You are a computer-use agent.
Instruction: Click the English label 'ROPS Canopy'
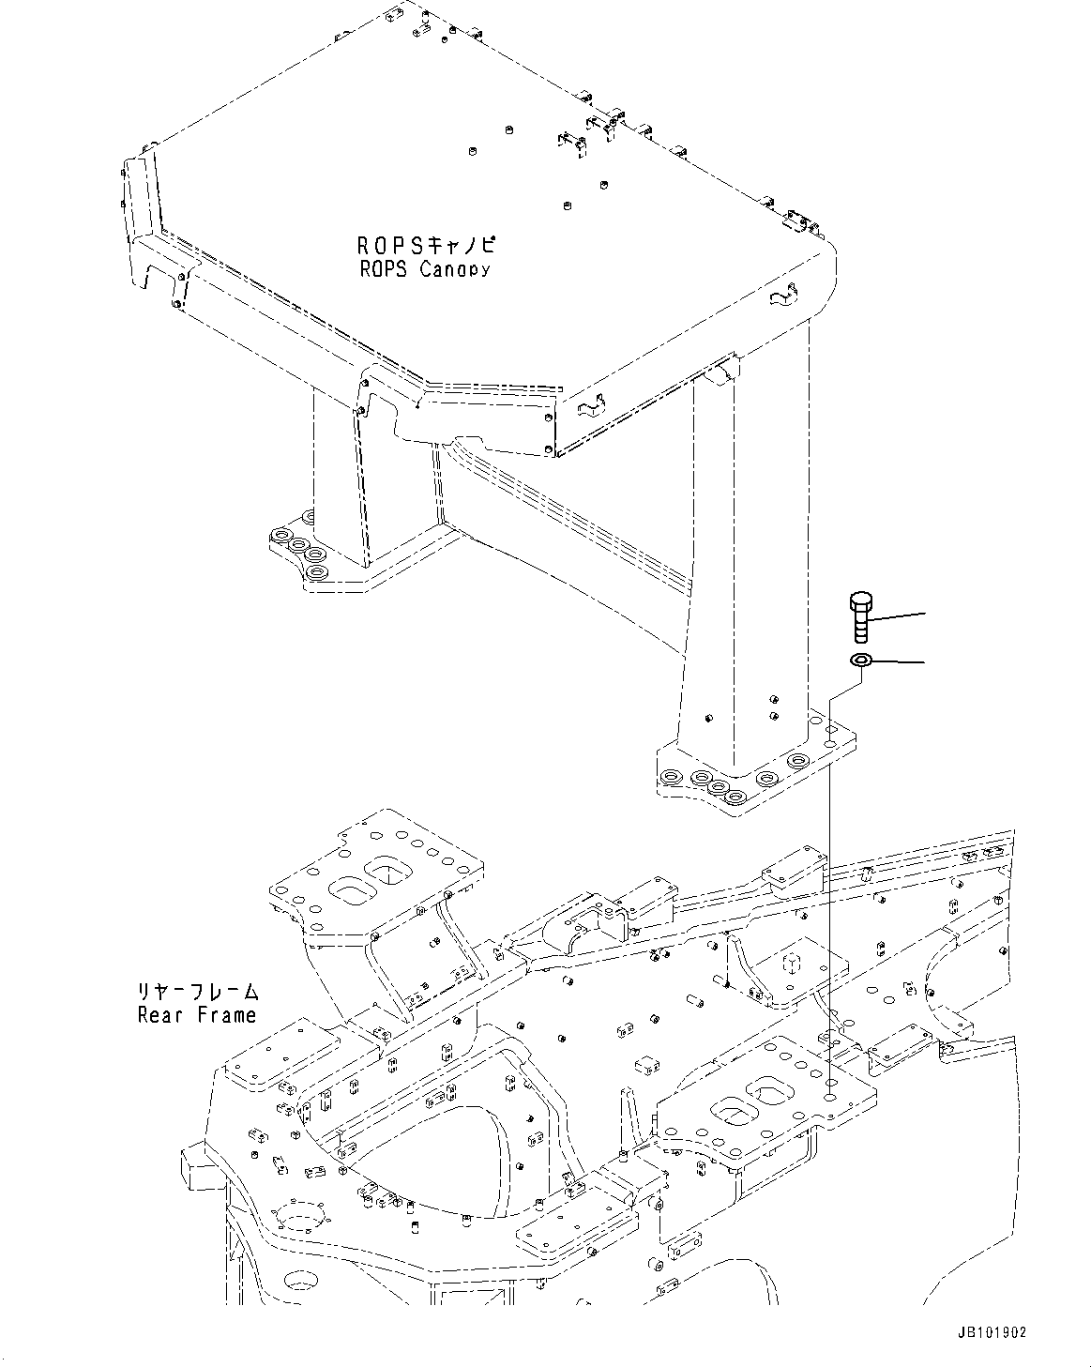(426, 270)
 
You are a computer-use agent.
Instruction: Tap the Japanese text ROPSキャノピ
(426, 247)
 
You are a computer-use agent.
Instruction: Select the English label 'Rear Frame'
(196, 1014)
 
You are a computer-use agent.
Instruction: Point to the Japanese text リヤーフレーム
(196, 992)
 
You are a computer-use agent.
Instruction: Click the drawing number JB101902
(993, 1331)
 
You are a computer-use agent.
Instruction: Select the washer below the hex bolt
(861, 662)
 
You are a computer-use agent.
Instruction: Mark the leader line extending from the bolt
(899, 615)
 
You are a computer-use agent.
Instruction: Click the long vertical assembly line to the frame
(830, 891)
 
